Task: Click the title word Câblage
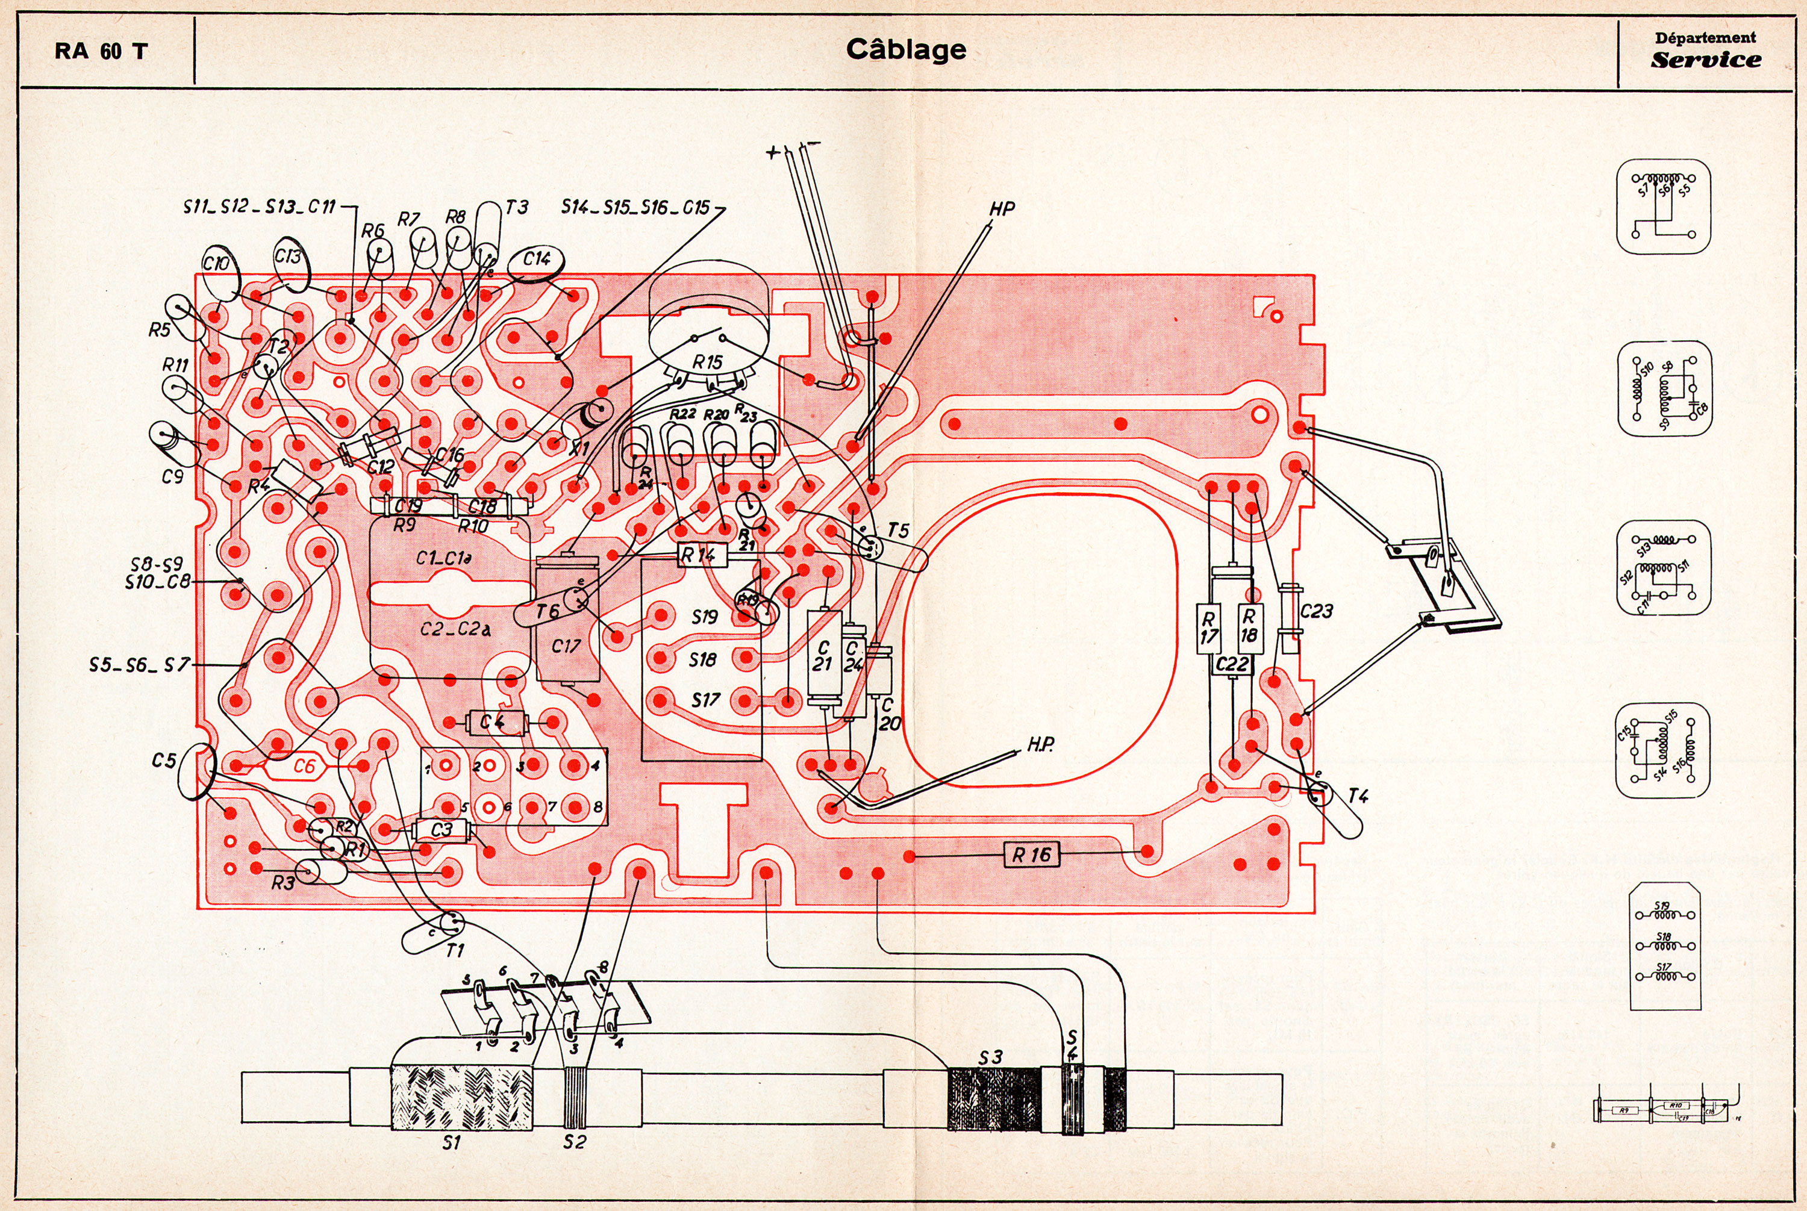point(905,50)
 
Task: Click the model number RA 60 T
point(101,52)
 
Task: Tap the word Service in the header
point(1706,60)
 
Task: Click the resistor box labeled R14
point(702,555)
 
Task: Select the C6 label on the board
point(304,766)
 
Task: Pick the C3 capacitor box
point(441,830)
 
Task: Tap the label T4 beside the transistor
point(1358,796)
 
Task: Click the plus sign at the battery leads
point(772,152)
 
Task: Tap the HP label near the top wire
point(1002,208)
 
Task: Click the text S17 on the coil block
point(705,700)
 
